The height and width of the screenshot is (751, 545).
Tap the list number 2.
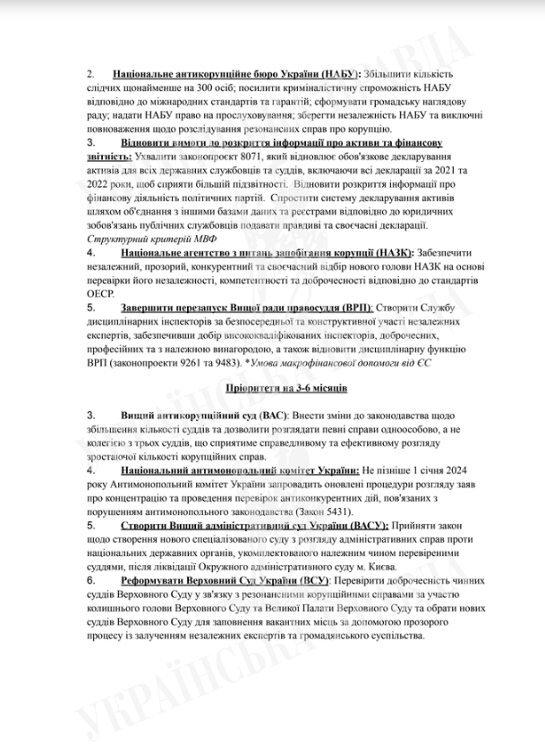[x=91, y=72]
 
